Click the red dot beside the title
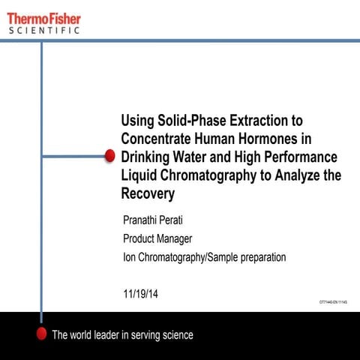coord(109,156)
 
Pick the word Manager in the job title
coord(176,239)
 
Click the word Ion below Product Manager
coord(128,257)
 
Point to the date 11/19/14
coord(140,294)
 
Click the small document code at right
coord(334,301)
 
